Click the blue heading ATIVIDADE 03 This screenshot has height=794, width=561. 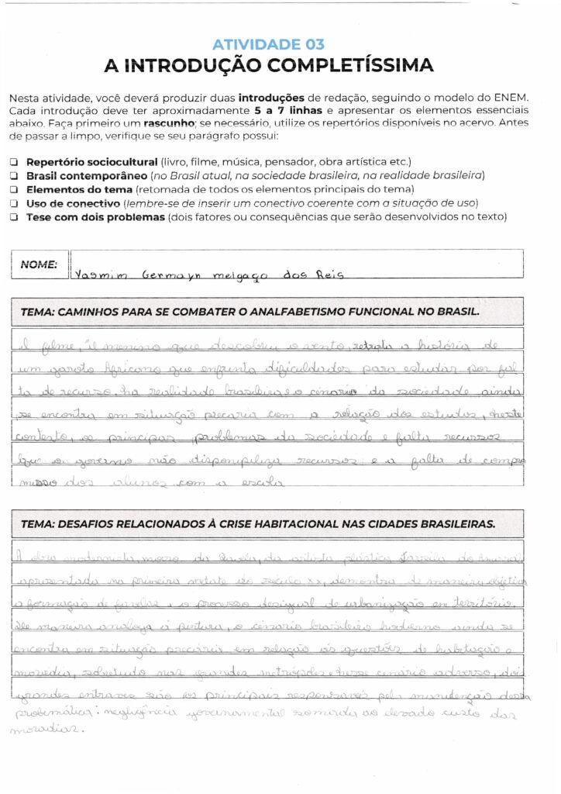(268, 44)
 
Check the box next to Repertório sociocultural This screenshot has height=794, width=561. (14, 162)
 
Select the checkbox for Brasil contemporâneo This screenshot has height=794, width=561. (14, 176)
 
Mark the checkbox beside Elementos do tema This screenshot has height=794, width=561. (14, 190)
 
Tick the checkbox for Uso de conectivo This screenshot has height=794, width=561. (14, 204)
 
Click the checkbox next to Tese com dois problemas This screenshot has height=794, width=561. (14, 218)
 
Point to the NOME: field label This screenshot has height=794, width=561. (39, 264)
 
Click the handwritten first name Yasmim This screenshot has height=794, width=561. (100, 274)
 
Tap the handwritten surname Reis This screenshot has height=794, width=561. (325, 274)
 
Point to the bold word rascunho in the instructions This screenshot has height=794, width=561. (177, 123)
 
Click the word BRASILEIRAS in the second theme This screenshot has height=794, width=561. (453, 523)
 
